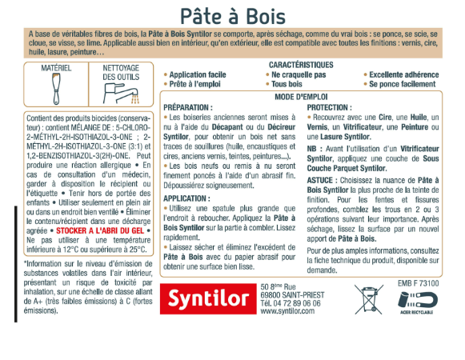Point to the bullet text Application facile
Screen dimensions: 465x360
(197, 74)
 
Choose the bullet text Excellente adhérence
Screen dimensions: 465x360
(403, 74)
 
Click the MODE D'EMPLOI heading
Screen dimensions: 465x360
(302, 95)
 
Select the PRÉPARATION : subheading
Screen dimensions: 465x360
(188, 106)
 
